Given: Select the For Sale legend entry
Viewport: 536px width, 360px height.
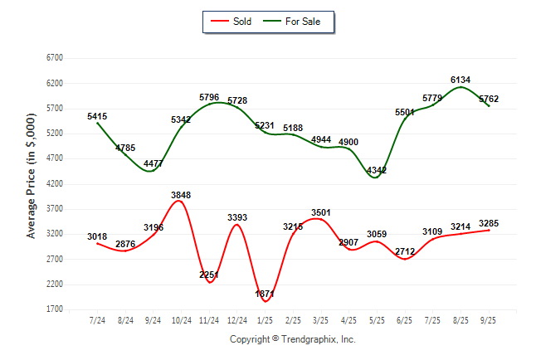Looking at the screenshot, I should (x=295, y=21).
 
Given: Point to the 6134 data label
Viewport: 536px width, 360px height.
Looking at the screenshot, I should (x=461, y=80).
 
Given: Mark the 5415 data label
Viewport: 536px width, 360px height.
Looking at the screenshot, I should (x=97, y=116).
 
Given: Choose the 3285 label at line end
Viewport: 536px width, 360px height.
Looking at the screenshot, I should (x=489, y=222).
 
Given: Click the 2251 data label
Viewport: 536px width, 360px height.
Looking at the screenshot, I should (x=209, y=275).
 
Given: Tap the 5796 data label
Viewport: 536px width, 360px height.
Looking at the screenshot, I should (x=209, y=97).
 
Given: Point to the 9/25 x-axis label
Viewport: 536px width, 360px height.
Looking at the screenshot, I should (x=489, y=319).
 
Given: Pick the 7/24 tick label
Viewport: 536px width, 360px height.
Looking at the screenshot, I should (x=97, y=319).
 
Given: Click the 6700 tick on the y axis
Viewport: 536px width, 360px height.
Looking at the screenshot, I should (x=55, y=58).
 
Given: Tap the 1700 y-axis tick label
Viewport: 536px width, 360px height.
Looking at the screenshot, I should (x=55, y=309).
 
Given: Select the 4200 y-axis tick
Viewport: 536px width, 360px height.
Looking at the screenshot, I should (x=55, y=184).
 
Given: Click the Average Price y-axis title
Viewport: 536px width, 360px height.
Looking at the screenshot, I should (x=31, y=183).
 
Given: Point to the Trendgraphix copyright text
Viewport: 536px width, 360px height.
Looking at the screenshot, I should (x=292, y=339).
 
